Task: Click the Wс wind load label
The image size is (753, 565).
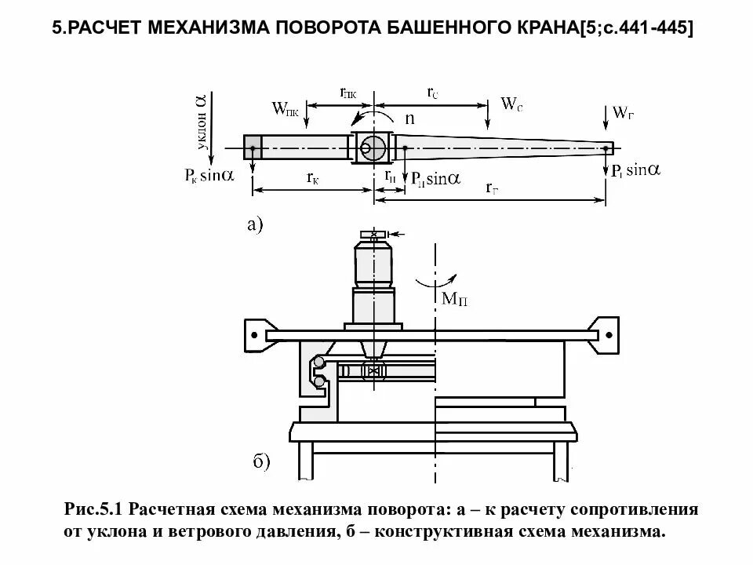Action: pos(511,104)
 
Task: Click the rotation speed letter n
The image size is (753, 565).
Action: pos(409,119)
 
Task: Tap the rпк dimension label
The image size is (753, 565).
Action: pos(348,93)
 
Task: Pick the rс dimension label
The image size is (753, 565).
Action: pos(432,93)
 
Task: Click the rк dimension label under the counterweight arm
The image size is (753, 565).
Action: pos(312,178)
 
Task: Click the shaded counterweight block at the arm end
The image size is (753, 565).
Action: pos(252,148)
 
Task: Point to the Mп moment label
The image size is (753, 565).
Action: pos(455,298)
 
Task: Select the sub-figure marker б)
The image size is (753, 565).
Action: pos(261,461)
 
